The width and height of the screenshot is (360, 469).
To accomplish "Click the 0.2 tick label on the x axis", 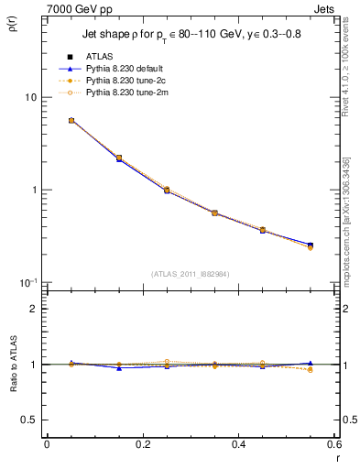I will [142, 445].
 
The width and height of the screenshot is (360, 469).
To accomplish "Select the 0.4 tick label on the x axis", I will [238, 445].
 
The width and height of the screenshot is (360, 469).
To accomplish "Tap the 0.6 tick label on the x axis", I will [333, 445].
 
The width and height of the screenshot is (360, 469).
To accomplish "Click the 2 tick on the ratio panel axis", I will [33, 309].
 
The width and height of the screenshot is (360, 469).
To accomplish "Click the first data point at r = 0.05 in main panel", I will [71, 120].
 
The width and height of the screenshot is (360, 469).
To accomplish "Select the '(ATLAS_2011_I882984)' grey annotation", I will [190, 273].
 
